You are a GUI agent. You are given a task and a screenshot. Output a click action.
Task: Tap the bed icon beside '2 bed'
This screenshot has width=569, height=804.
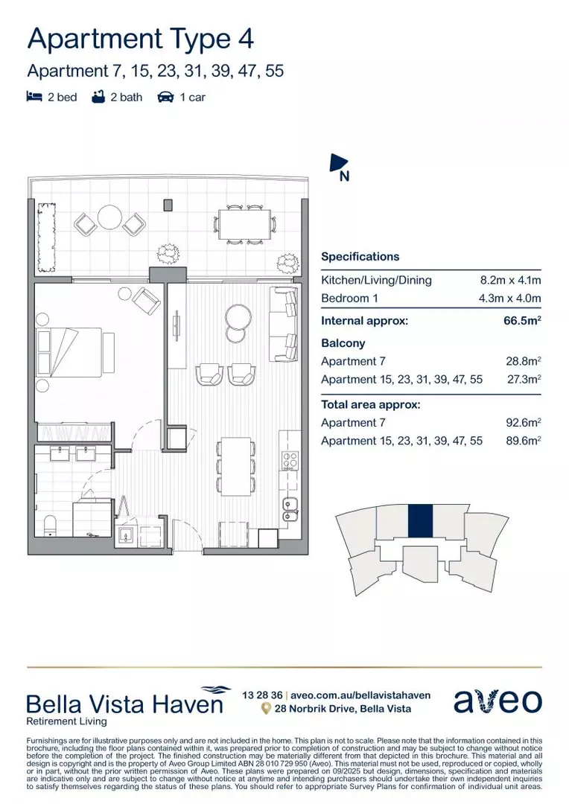pyautogui.click(x=34, y=97)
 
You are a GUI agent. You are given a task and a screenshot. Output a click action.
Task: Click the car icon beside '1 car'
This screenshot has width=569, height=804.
pyautogui.click(x=165, y=97)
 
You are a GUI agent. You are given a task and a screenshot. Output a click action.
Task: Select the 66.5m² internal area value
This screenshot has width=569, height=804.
pyautogui.click(x=522, y=322)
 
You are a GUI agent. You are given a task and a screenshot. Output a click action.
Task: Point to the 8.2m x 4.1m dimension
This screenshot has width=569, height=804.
pyautogui.click(x=510, y=281)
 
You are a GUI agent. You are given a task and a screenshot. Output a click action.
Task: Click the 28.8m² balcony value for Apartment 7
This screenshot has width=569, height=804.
pyautogui.click(x=523, y=361)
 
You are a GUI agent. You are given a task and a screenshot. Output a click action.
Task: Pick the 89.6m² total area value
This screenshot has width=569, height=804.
pyautogui.click(x=523, y=441)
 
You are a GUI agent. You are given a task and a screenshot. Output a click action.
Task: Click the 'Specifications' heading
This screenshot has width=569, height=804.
pyautogui.click(x=360, y=257)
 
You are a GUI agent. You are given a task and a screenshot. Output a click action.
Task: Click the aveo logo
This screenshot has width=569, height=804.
pyautogui.click(x=498, y=701)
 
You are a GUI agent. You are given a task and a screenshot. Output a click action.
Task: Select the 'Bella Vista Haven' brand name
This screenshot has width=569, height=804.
pyautogui.click(x=124, y=703)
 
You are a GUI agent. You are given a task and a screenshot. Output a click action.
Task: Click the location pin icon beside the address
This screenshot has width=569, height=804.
pyautogui.click(x=265, y=709)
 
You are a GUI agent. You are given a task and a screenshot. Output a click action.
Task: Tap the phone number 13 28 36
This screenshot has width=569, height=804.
pyautogui.click(x=262, y=695)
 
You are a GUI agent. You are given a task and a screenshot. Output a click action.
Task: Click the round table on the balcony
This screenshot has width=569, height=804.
pyautogui.click(x=110, y=218)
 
